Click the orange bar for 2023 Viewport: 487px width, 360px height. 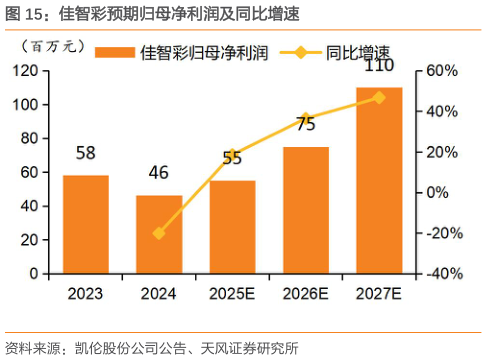[x=86, y=224]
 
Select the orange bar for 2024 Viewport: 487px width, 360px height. [x=159, y=234]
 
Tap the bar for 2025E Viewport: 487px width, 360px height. [x=232, y=226]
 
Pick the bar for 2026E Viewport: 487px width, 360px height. [x=305, y=210]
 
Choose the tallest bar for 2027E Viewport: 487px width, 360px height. [x=379, y=180]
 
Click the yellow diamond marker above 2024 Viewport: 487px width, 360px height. [x=159, y=233]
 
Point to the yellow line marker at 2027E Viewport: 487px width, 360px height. [x=379, y=97]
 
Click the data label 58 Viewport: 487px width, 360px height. [x=86, y=154]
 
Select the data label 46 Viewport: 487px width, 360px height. [x=159, y=174]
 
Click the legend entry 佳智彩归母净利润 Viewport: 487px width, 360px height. [x=185, y=50]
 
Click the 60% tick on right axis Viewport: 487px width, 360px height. [x=441, y=71]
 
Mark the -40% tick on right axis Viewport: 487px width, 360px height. [x=441, y=273]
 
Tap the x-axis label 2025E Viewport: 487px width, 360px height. [x=232, y=294]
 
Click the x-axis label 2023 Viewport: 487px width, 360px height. [x=86, y=294]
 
